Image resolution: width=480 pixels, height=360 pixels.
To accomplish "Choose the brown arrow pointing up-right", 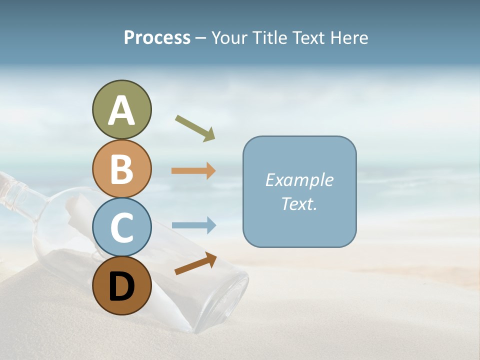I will click(195, 263).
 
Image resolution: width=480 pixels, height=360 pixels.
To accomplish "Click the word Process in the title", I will click(157, 38).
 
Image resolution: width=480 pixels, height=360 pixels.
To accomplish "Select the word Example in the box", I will click(299, 180).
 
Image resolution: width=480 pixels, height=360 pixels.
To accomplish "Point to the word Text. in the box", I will click(299, 203).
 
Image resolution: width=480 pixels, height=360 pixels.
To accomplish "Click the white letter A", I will click(121, 111).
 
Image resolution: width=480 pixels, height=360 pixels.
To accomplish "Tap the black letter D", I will click(121, 286).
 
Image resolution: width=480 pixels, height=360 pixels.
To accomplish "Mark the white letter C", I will click(121, 227).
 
